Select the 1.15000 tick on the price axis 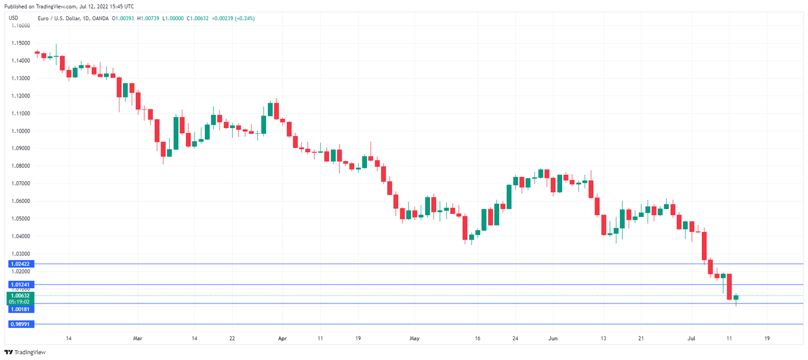tap(21, 43)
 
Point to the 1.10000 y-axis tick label tap(21, 131)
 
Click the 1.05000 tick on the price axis tap(21, 219)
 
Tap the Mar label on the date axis tap(137, 338)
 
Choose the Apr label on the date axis tap(282, 338)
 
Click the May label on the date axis tap(414, 338)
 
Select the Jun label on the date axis tap(553, 338)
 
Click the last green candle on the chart tap(736, 297)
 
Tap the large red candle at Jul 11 tap(730, 287)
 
